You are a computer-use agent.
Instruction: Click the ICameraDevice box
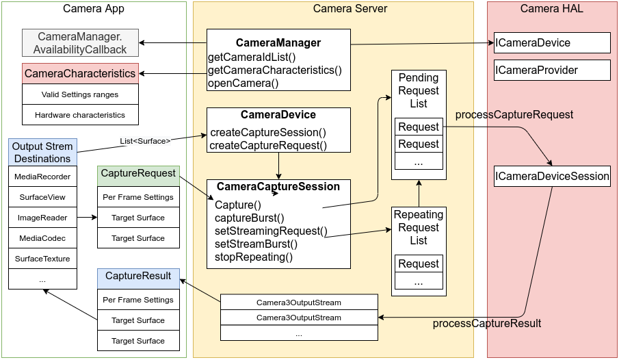(x=551, y=43)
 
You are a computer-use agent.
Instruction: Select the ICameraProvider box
(x=551, y=70)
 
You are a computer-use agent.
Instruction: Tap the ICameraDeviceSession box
(x=552, y=176)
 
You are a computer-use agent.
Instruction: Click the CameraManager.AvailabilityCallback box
(x=80, y=43)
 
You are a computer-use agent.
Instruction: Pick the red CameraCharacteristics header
(x=80, y=73)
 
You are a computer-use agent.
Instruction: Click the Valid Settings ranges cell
(x=80, y=94)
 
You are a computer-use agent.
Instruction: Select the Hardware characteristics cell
(x=80, y=115)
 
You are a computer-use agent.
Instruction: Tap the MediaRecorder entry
(x=42, y=177)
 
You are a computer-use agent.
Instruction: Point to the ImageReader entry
(x=42, y=218)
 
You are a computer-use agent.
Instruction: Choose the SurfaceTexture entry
(x=42, y=259)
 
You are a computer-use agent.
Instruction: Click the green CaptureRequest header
(x=138, y=174)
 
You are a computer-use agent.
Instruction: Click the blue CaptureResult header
(x=138, y=277)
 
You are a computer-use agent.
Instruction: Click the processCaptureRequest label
(x=514, y=114)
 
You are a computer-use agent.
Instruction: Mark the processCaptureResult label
(x=487, y=323)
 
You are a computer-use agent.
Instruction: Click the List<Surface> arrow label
(x=145, y=141)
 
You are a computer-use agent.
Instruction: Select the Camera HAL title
(x=551, y=8)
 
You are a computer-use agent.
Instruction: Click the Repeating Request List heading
(x=418, y=227)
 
